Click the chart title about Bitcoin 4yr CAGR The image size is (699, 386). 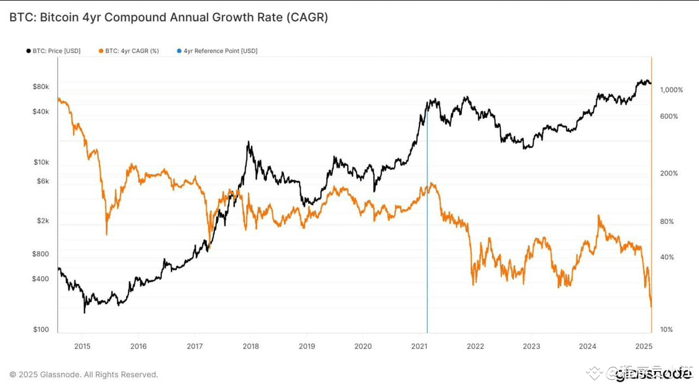point(168,17)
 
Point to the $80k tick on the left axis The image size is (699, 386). point(40,86)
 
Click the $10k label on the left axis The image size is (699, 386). point(41,162)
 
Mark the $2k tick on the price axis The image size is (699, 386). point(42,221)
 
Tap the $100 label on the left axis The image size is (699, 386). point(41,329)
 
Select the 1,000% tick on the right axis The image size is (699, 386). point(671,90)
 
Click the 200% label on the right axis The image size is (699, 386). point(669,173)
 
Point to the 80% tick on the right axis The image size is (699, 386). point(667,221)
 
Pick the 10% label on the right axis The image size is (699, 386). point(666,329)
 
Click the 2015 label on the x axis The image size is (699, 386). point(82,346)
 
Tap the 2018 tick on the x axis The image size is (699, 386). point(250,346)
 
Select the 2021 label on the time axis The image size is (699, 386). point(419,346)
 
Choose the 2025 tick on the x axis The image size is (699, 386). point(643,346)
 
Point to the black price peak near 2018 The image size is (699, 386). point(249,143)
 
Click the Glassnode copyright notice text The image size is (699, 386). point(84,375)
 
